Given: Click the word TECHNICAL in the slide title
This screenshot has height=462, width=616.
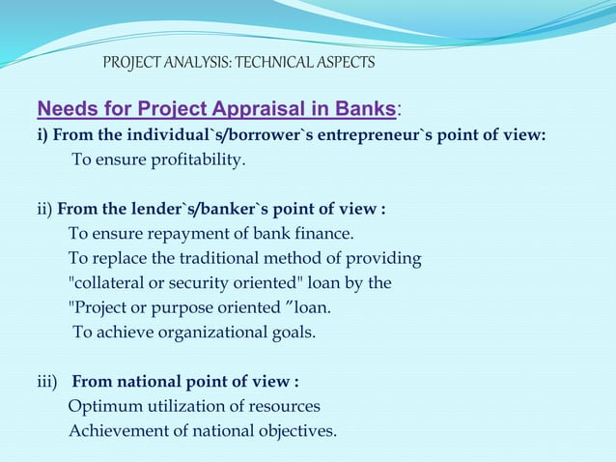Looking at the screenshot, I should (x=275, y=64).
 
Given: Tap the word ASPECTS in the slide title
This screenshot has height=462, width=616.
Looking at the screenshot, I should (x=345, y=64).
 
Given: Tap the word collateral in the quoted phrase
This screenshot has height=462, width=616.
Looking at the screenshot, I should (x=111, y=283).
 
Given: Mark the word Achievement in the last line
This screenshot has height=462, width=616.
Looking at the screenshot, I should (x=114, y=430).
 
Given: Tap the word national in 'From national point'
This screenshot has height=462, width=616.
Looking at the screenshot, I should (x=157, y=381).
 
